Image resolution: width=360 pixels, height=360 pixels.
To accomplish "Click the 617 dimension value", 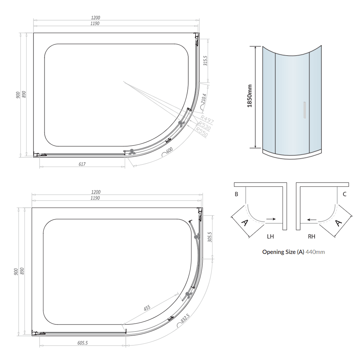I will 82,164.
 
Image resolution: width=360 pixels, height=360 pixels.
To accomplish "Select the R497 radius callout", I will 207,119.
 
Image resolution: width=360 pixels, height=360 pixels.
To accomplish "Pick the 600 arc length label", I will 170,150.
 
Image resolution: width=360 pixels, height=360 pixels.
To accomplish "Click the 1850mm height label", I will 249,97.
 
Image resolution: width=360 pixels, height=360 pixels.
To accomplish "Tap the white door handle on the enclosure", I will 304,110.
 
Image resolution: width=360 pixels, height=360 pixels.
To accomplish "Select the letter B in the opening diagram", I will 236,194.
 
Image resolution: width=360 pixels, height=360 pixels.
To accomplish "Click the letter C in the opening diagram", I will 345,194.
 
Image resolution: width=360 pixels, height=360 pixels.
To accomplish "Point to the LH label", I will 270,237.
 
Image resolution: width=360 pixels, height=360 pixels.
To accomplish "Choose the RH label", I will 312,237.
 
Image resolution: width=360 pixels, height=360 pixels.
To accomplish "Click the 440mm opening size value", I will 315,252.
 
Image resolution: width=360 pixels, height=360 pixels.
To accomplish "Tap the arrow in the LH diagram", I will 272,219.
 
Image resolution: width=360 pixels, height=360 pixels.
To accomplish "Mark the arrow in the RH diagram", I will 312,219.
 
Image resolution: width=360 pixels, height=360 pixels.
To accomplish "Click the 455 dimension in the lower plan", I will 147,309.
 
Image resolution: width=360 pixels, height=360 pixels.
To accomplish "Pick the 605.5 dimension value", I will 82,343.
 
